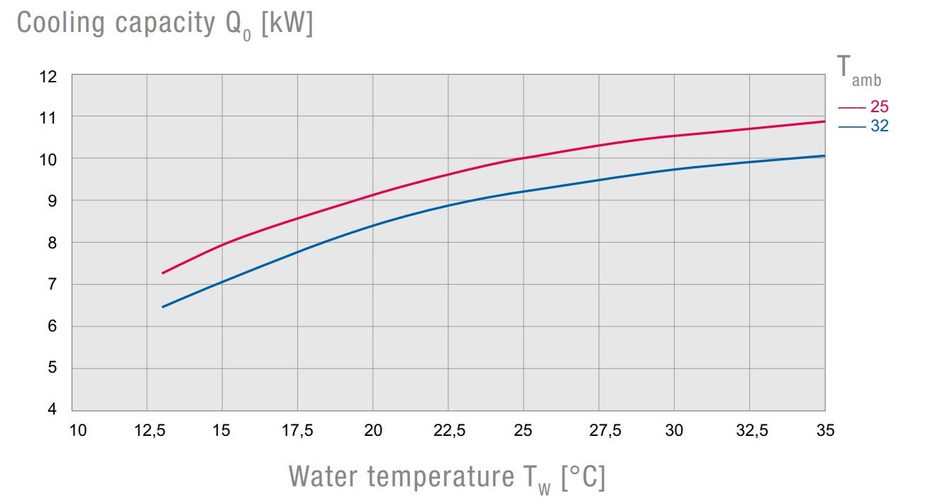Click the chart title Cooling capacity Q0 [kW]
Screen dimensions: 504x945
[x=165, y=23]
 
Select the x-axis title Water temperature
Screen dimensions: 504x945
[x=447, y=476]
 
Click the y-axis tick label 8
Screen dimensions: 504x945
[x=52, y=243]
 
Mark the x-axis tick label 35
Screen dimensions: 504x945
[x=824, y=430]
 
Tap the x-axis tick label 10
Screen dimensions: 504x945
[x=78, y=430]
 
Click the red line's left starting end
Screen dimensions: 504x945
[x=162, y=273]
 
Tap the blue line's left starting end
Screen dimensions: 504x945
[x=162, y=307]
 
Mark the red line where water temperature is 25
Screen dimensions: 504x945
[x=524, y=158]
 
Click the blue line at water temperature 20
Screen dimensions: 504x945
[x=373, y=225]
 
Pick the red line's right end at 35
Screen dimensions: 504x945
[x=824, y=121]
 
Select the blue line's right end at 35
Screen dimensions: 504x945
[x=824, y=155]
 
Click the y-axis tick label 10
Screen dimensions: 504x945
[x=48, y=160]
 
